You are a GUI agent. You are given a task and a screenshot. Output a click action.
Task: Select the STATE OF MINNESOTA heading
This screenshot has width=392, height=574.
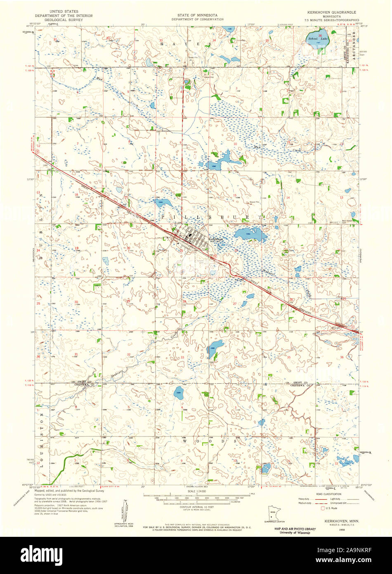[198, 15]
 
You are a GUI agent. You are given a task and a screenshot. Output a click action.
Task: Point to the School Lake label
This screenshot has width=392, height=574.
[318, 39]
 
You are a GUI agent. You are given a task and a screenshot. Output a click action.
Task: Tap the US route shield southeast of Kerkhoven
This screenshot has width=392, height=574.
[215, 256]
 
